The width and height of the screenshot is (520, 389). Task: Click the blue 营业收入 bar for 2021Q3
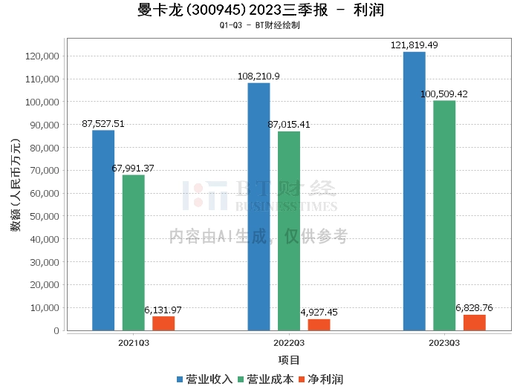click(x=103, y=230)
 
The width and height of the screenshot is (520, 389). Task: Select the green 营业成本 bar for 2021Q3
click(x=134, y=252)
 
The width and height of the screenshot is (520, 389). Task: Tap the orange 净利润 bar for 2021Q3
click(x=163, y=323)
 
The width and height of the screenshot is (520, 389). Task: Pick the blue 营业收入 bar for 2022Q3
click(x=259, y=206)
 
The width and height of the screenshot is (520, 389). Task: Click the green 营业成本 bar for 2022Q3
click(x=289, y=230)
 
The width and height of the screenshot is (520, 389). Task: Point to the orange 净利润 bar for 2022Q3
click(x=319, y=324)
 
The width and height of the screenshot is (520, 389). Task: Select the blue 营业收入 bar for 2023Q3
click(x=415, y=191)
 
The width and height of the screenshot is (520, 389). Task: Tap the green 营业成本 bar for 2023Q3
click(x=444, y=215)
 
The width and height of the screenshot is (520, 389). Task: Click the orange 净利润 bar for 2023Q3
click(x=474, y=322)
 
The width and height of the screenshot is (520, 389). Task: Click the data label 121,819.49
click(x=415, y=45)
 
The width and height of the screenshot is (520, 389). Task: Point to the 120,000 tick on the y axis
click(x=42, y=56)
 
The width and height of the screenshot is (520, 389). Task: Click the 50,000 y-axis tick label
click(x=44, y=216)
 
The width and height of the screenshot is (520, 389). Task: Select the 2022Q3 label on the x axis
click(x=289, y=342)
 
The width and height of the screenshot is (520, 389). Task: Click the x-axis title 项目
click(x=289, y=360)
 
